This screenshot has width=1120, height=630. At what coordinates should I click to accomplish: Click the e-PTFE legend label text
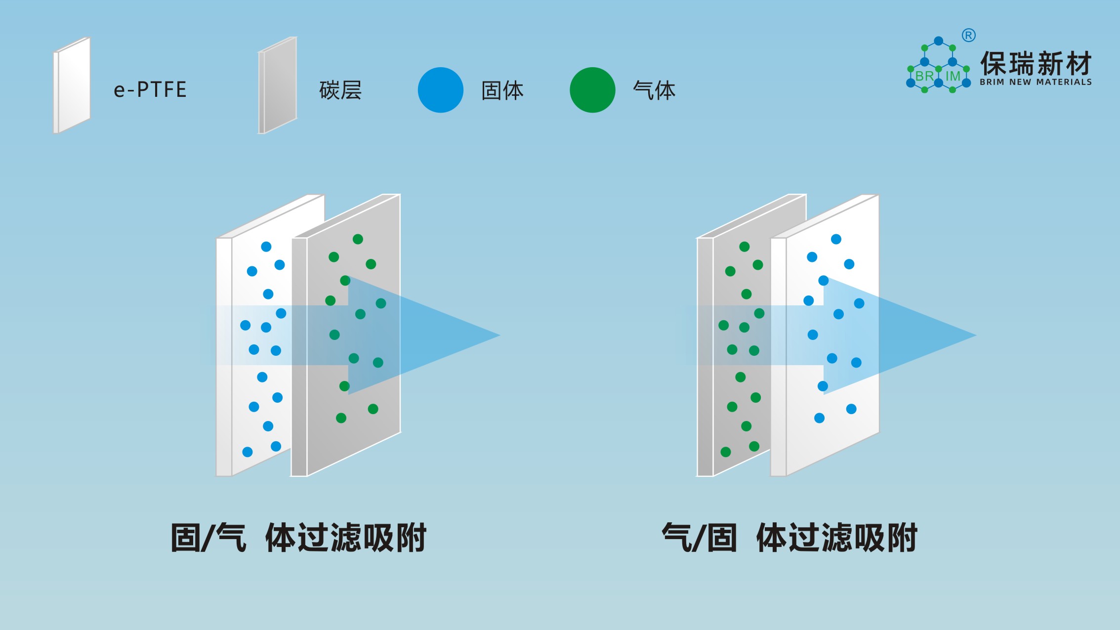tap(150, 90)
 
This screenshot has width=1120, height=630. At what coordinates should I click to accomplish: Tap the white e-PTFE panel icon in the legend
tap(72, 85)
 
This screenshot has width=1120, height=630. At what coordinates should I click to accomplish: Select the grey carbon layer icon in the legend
tap(278, 85)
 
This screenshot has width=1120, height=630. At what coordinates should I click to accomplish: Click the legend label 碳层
tap(340, 90)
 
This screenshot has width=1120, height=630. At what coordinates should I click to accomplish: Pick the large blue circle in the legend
tap(440, 90)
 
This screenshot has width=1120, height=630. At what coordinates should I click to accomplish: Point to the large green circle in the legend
tap(592, 90)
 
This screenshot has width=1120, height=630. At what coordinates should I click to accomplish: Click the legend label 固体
tap(502, 90)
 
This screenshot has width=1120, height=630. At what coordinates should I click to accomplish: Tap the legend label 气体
tap(654, 90)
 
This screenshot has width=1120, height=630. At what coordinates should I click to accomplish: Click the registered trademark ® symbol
tap(969, 36)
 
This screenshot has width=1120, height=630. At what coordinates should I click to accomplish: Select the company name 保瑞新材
tap(1036, 64)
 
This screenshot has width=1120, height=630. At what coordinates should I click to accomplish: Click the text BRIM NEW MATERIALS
tap(1036, 82)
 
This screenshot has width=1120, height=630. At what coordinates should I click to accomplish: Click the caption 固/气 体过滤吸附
tap(298, 538)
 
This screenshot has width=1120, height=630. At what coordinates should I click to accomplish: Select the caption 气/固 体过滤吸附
tap(789, 538)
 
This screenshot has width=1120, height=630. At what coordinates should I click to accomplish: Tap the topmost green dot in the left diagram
tap(358, 239)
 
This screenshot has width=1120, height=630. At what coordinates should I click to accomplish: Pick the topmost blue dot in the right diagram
tap(836, 239)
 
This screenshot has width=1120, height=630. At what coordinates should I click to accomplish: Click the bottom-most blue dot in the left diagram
tap(248, 452)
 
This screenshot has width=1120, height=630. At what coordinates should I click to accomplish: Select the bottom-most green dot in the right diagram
tap(726, 452)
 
